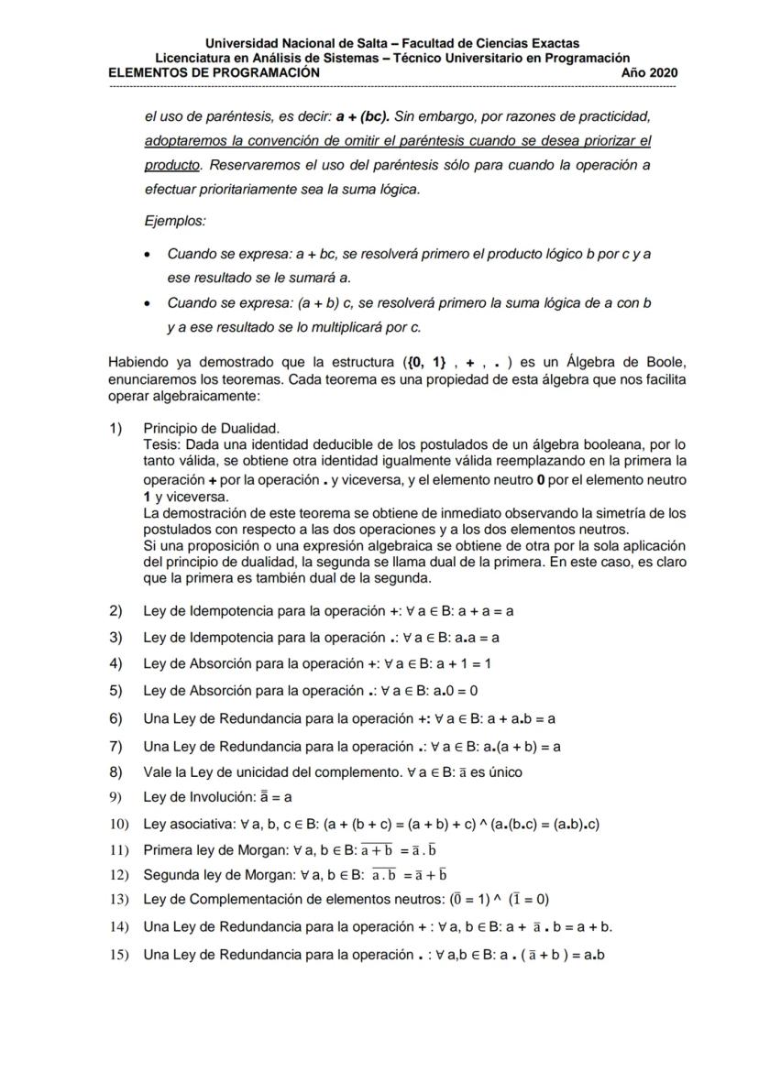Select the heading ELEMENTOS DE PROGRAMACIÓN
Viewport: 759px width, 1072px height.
tap(214, 72)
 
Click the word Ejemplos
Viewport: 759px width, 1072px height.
tap(175, 221)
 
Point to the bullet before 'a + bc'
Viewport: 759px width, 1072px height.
tap(148, 253)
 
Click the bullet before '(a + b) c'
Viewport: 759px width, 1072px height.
tap(148, 302)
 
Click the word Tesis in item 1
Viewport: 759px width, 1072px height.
tap(161, 443)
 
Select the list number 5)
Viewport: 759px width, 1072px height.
tap(115, 691)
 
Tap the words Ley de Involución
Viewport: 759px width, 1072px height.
tap(196, 797)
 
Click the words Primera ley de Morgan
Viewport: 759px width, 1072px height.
tap(216, 848)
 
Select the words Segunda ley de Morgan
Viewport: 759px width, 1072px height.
tap(219, 874)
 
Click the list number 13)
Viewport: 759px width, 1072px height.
tap(118, 899)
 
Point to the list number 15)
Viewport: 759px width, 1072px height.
tap(118, 954)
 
